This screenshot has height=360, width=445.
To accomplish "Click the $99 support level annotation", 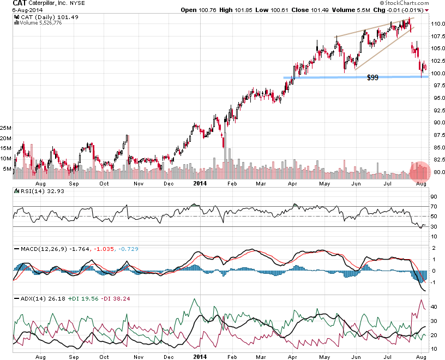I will click(373, 78).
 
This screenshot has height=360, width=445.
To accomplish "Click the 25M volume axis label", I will click(6, 128).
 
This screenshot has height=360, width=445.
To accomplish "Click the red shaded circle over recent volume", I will click(419, 171).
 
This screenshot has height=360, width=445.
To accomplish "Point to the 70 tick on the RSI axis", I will click(434, 207).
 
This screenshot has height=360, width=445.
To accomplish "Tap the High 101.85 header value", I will click(236, 10).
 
